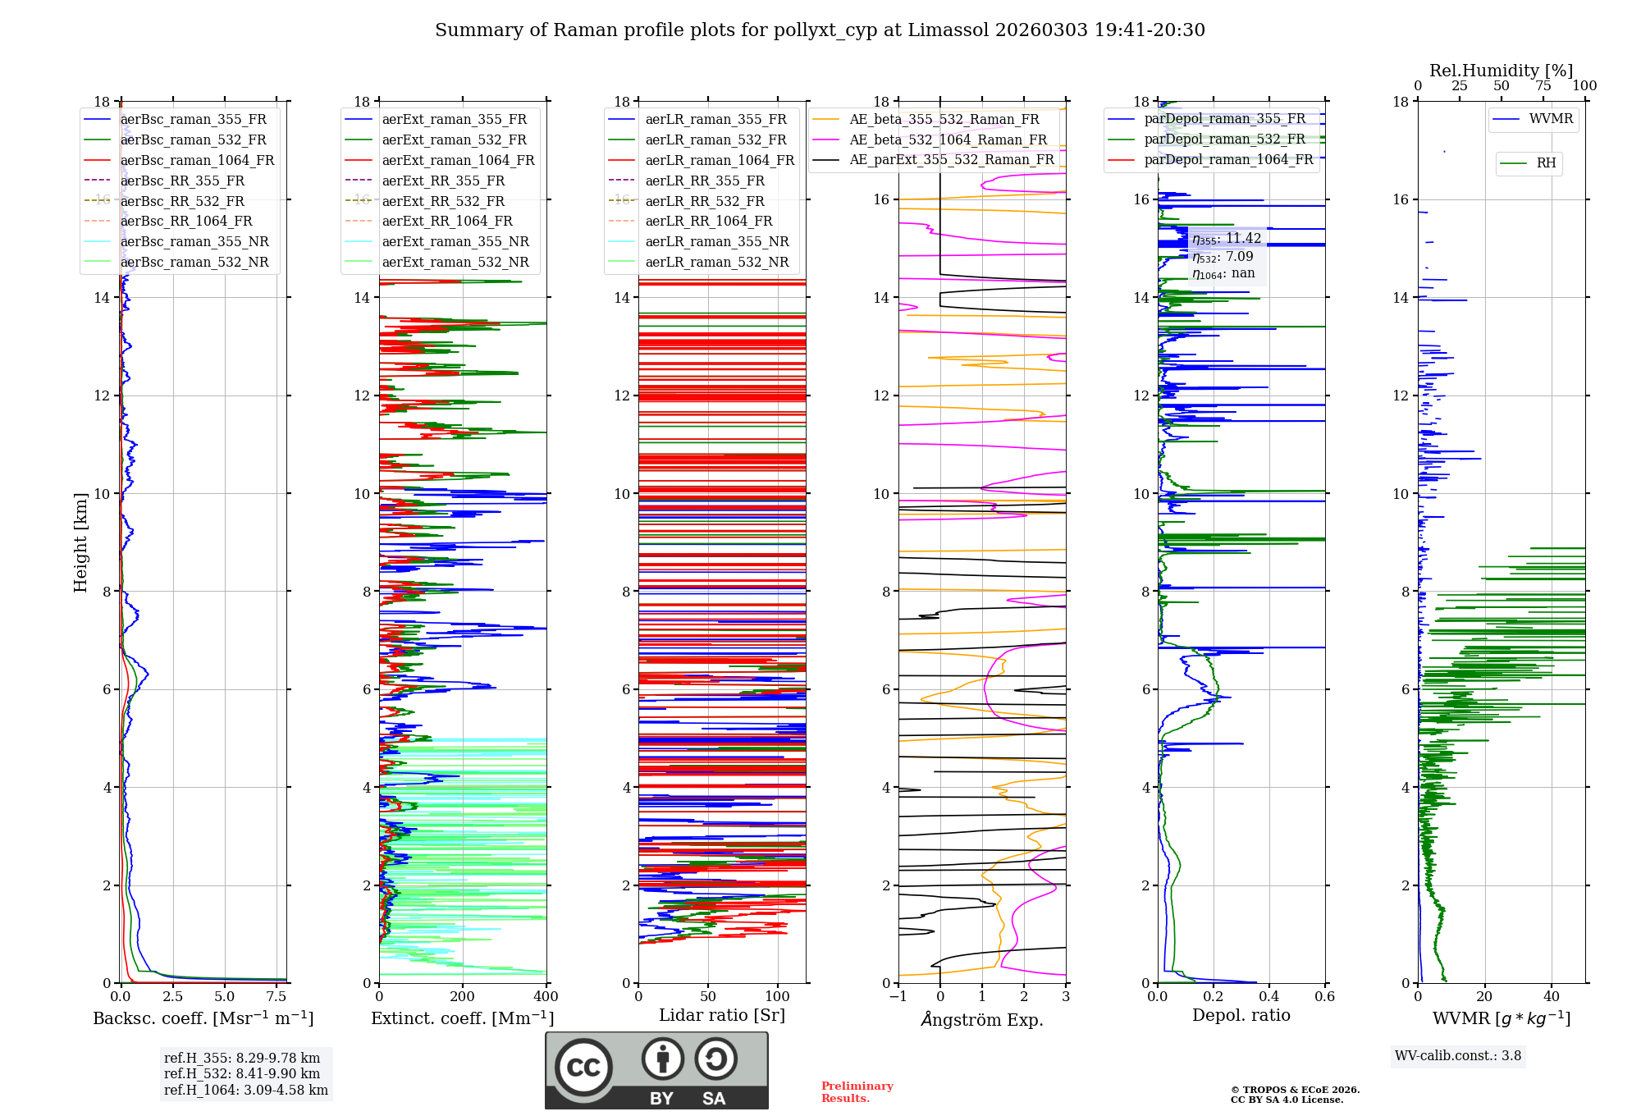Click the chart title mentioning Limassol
[x=820, y=30]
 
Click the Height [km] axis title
[x=80, y=542]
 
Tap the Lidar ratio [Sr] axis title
[x=722, y=1015]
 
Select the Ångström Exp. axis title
[x=982, y=1019]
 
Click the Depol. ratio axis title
[x=1241, y=1015]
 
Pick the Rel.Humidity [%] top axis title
[x=1502, y=71]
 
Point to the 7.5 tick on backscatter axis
[x=277, y=996]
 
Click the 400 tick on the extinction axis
[x=546, y=996]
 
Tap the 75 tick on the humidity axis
[x=1543, y=85]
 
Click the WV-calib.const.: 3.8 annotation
[x=1458, y=1055]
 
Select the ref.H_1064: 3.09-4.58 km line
[x=246, y=1090]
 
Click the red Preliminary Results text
[x=857, y=1092]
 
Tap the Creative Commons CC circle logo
[x=583, y=1067]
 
